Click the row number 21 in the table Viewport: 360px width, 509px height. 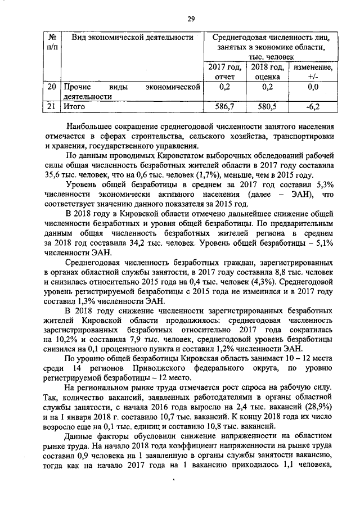coord(51,105)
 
